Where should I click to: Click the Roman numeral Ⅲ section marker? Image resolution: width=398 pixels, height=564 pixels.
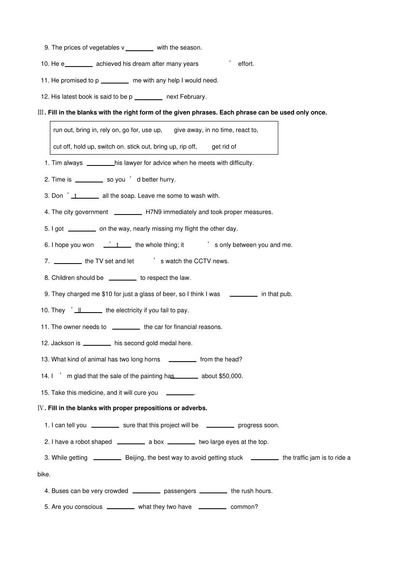coord(41,112)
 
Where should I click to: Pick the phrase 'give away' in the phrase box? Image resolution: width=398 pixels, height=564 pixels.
coord(187,130)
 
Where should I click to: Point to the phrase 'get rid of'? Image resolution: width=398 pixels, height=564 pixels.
coord(224,147)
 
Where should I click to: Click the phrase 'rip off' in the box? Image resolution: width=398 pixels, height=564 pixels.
coord(187,147)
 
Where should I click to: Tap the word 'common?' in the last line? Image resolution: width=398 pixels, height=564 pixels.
coord(244,507)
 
